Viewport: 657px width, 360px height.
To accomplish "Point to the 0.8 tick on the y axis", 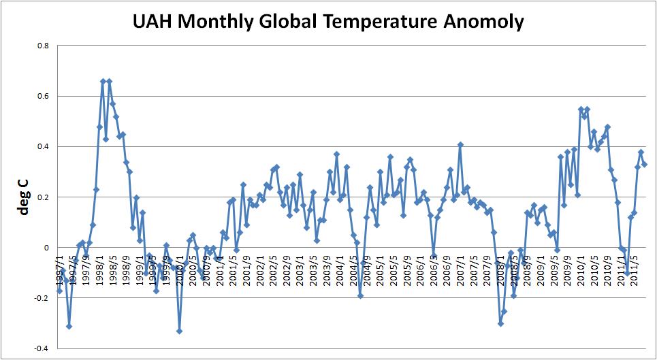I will pos(43,46).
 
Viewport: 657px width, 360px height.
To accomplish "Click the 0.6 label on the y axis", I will pos(43,96).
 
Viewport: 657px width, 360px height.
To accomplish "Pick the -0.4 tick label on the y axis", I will pos(42,348).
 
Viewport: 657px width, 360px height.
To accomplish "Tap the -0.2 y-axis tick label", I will pos(42,298).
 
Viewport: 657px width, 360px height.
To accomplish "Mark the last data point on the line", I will pos(644,164).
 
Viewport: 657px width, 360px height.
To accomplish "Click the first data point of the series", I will pos(59,291).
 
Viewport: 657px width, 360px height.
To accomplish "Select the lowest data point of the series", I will pos(179,331).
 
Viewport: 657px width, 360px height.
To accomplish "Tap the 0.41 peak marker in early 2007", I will pos(460,144).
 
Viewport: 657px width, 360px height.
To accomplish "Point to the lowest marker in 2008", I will pos(500,323).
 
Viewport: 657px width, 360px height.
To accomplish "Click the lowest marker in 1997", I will pos(69,326).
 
